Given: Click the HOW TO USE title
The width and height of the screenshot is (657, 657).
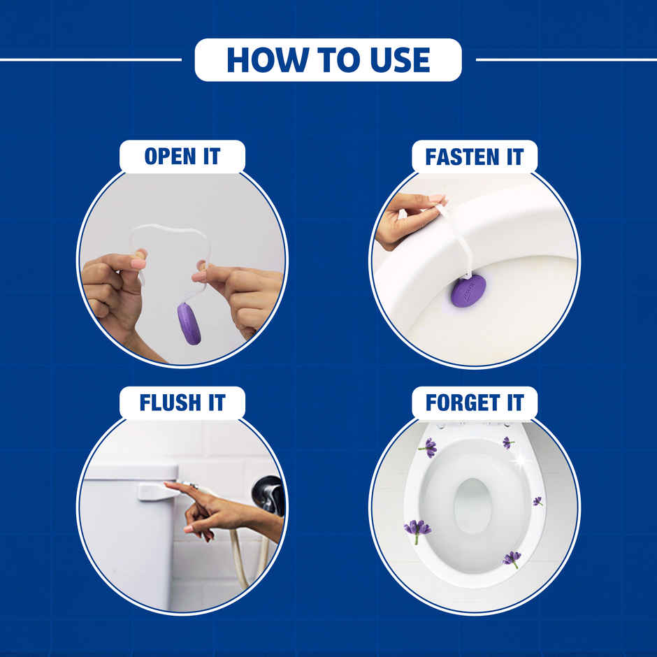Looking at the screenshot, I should [328, 60].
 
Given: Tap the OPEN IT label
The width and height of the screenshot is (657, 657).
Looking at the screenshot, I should [182, 157].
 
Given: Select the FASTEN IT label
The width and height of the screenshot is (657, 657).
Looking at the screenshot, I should [474, 157].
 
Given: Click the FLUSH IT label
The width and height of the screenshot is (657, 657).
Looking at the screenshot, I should [182, 403].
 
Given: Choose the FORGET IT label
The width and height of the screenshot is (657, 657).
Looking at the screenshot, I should [474, 403].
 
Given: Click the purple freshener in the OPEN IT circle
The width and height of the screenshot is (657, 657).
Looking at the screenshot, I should [189, 324].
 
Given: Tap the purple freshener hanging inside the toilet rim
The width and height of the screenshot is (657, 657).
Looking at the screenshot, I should [468, 289].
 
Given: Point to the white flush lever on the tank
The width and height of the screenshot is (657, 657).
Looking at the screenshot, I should [157, 491].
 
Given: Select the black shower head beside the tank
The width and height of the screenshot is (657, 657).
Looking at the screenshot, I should [269, 493].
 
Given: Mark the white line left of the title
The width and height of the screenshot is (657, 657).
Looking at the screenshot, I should [91, 60].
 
